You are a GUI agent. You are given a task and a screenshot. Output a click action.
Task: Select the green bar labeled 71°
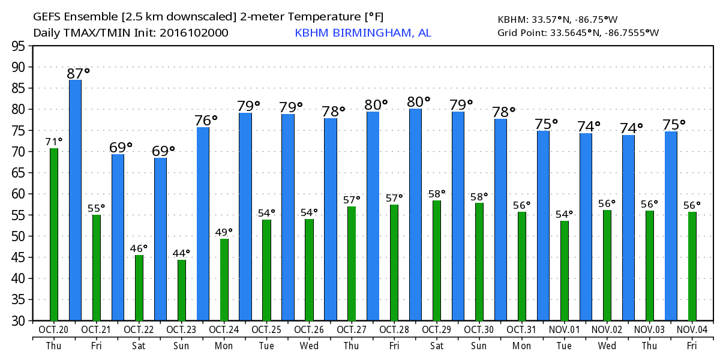(x=54, y=234)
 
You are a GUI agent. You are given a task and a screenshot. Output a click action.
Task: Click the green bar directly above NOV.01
(x=565, y=271)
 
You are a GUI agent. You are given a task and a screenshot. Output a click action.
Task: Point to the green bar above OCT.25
(x=266, y=270)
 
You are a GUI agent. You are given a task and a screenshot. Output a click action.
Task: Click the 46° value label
(x=139, y=247)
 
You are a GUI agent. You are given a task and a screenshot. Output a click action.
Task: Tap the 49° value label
(x=224, y=231)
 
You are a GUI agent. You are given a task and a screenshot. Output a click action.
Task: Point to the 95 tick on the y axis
(x=19, y=46)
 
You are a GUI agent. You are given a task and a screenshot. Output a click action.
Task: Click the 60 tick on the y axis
(x=19, y=194)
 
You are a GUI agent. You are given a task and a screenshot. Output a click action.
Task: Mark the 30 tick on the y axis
(x=19, y=320)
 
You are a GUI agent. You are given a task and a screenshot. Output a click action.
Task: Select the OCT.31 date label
(x=521, y=330)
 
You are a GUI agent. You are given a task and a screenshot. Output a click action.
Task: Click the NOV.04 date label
(x=691, y=330)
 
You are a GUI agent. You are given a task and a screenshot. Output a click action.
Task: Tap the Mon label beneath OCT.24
(x=224, y=346)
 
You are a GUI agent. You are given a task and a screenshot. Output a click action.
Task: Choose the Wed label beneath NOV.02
(x=607, y=346)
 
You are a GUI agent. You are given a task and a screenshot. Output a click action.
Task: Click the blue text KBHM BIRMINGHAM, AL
(x=362, y=33)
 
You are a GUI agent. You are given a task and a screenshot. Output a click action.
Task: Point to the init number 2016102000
(x=193, y=33)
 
